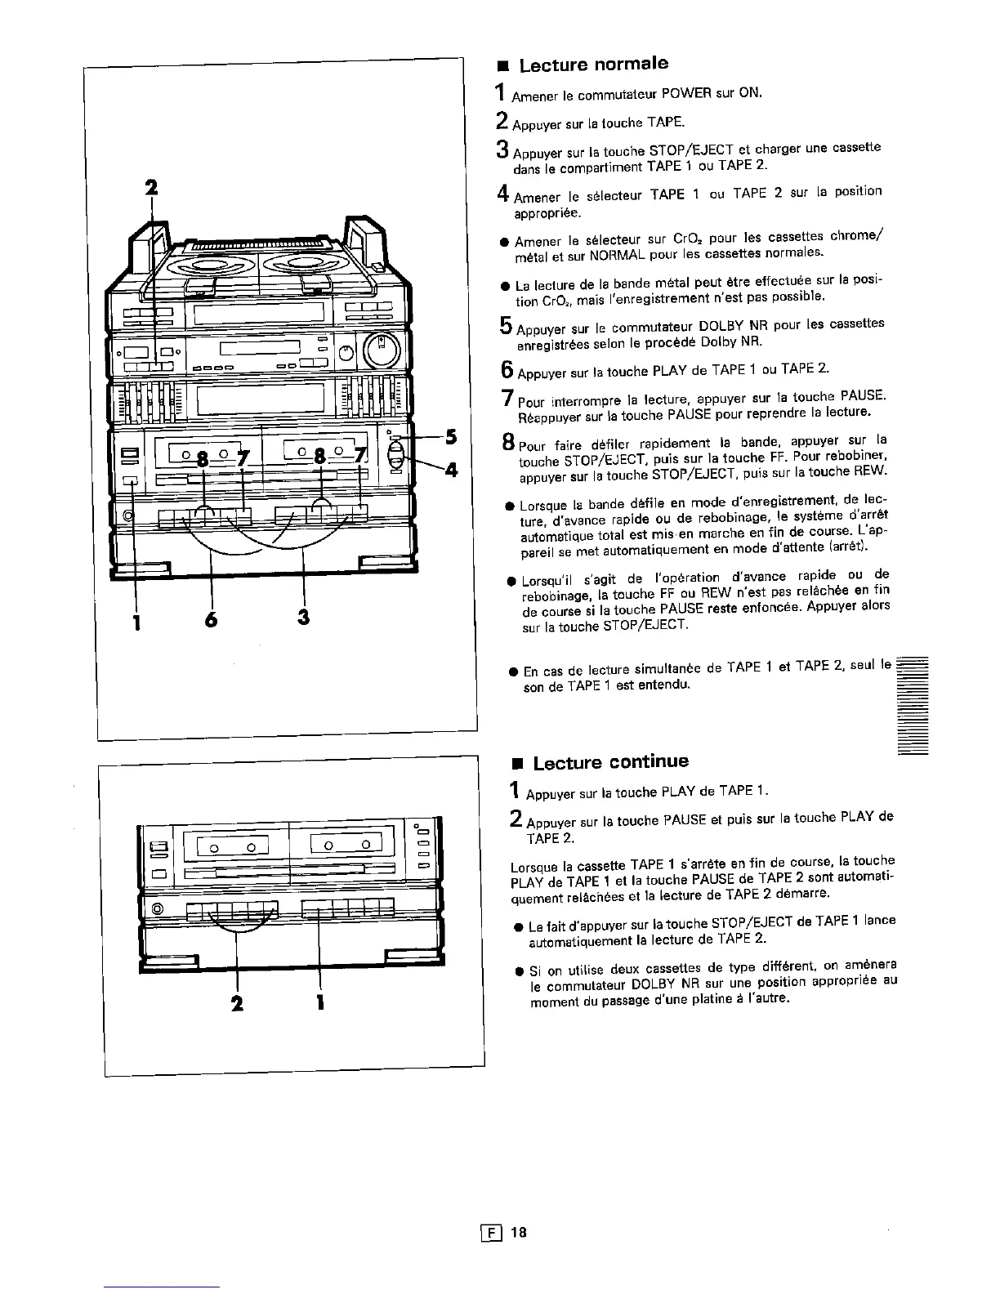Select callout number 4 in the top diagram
[452, 471]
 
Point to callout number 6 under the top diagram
[212, 620]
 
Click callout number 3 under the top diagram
[304, 618]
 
